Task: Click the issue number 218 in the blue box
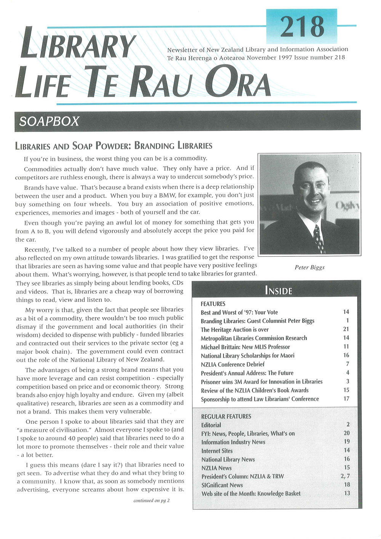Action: tap(302, 26)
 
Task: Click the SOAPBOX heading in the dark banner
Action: tap(49, 121)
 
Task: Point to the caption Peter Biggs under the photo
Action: tap(309, 267)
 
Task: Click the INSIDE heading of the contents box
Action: tap(278, 291)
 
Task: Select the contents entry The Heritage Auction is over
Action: tap(235, 329)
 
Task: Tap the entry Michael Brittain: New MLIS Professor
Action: tap(245, 347)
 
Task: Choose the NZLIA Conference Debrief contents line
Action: tap(232, 364)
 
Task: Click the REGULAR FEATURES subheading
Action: tap(226, 416)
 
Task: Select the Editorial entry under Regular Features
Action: tap(211, 425)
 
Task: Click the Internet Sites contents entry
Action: tap(217, 451)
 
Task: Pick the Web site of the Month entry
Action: tap(251, 494)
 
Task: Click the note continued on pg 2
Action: tap(151, 500)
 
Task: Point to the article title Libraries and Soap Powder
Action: tap(114, 146)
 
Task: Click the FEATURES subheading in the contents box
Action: tap(213, 304)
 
